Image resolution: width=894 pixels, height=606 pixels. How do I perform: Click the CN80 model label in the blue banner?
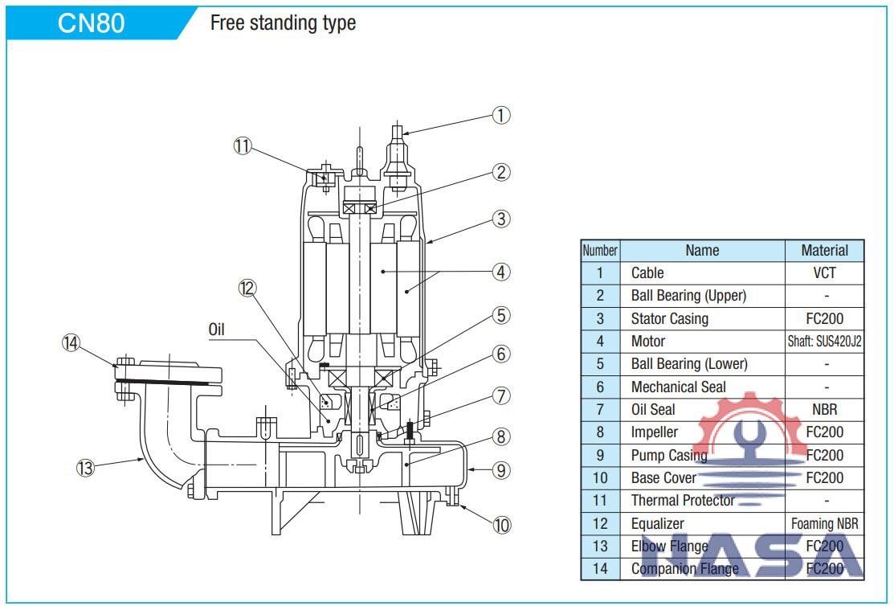coord(91,23)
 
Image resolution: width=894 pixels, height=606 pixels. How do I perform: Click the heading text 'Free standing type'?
coord(282,23)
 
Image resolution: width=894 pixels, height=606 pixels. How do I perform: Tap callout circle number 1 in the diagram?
coord(501,116)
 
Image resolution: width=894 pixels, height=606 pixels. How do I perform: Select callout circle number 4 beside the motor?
coord(501,272)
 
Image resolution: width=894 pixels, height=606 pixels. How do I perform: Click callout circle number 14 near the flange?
coord(71,342)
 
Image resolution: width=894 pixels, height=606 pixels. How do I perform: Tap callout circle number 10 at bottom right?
coord(501,526)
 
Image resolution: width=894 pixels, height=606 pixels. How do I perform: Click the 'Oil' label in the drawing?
coord(217,330)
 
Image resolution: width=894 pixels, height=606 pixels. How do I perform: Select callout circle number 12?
coord(247,288)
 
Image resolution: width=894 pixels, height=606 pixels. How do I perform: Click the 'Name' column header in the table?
coord(701,251)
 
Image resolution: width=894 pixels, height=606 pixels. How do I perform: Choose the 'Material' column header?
coord(824,251)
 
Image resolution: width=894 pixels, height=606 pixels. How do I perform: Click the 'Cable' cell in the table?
coord(647,273)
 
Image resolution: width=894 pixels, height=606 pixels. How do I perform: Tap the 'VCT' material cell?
coord(824,273)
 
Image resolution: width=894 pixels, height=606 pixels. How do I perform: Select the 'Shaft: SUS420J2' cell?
coord(824,342)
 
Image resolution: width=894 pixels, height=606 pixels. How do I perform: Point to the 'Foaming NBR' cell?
coord(824,523)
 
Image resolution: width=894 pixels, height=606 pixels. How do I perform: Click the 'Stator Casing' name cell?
coord(669,319)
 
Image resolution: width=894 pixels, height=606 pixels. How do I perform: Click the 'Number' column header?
coord(599,251)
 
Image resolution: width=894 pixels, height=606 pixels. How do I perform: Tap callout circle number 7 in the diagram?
coord(501,395)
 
